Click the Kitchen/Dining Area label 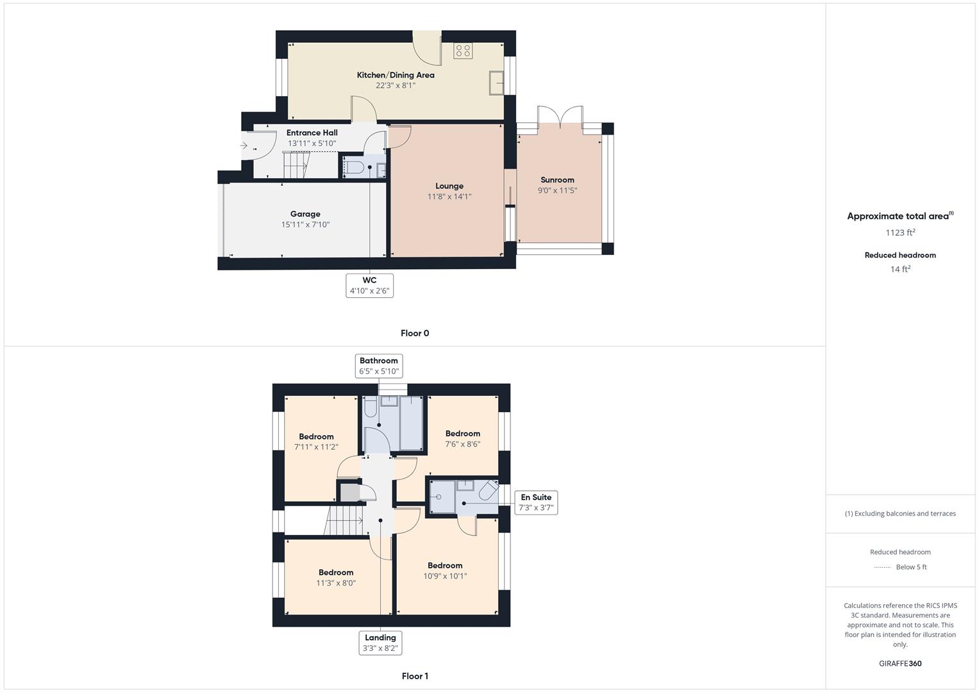pyautogui.click(x=396, y=75)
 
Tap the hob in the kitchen pyautogui.click(x=462, y=51)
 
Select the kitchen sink pyautogui.click(x=496, y=83)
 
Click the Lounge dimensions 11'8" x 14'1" pyautogui.click(x=449, y=197)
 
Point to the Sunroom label pyautogui.click(x=557, y=180)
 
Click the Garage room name pyautogui.click(x=305, y=214)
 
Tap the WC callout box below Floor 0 pyautogui.click(x=369, y=286)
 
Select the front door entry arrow pyautogui.click(x=244, y=145)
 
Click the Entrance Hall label pyautogui.click(x=312, y=133)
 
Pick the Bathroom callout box pyautogui.click(x=378, y=366)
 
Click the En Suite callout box pyautogui.click(x=536, y=502)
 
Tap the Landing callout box pyautogui.click(x=380, y=643)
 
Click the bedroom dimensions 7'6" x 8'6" pyautogui.click(x=462, y=444)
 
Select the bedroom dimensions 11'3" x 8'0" pyautogui.click(x=336, y=583)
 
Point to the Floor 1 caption pyautogui.click(x=415, y=676)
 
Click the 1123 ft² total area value pyautogui.click(x=900, y=233)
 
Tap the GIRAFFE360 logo pyautogui.click(x=900, y=664)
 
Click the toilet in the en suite pyautogui.click(x=489, y=491)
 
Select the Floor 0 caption pyautogui.click(x=415, y=333)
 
